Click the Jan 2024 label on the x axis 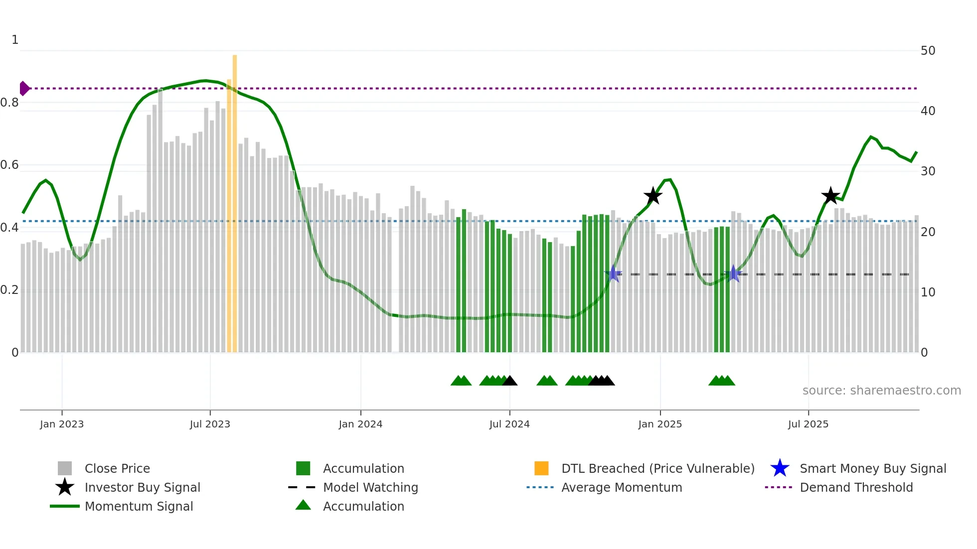coord(360,424)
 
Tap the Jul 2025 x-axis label coord(808,424)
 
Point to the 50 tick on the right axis coord(928,51)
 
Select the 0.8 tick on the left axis coord(9,103)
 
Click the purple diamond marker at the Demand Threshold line coord(24,88)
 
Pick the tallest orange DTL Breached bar coord(235,199)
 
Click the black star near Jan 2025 coord(652,196)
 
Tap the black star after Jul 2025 coord(830,196)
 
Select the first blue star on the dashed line coord(613,274)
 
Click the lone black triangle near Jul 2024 coord(509,381)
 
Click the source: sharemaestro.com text coord(881,391)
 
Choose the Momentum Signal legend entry coord(139,506)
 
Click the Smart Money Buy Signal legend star coord(780,468)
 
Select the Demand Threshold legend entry coord(856,487)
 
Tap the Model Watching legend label coord(370,487)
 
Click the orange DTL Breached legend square coord(541,468)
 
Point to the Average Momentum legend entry coord(621,487)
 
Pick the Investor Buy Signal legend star coord(65,487)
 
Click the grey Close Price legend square coord(65,468)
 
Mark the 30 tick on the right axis coord(928,171)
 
